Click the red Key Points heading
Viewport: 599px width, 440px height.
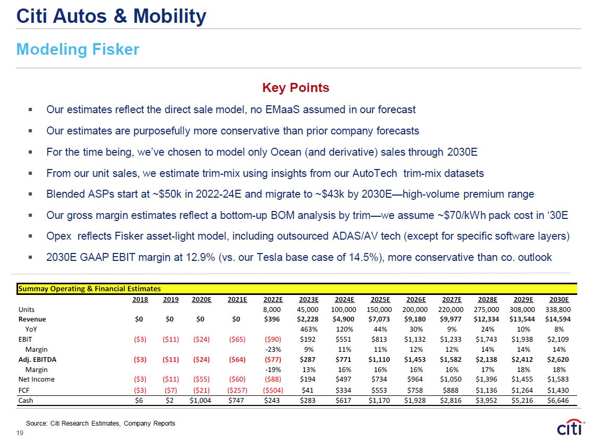(x=295, y=88)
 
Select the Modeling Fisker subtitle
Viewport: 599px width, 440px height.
(x=78, y=49)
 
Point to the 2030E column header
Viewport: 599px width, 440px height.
(x=559, y=299)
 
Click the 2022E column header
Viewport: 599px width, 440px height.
(x=272, y=299)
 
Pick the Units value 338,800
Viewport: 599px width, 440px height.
(x=558, y=309)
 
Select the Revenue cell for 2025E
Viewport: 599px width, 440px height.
(x=380, y=319)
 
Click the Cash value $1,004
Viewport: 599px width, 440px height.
(x=202, y=400)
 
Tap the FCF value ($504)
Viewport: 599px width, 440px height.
(x=272, y=390)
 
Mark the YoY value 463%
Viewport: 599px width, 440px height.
(x=308, y=329)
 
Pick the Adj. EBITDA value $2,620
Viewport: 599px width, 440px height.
(x=559, y=359)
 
